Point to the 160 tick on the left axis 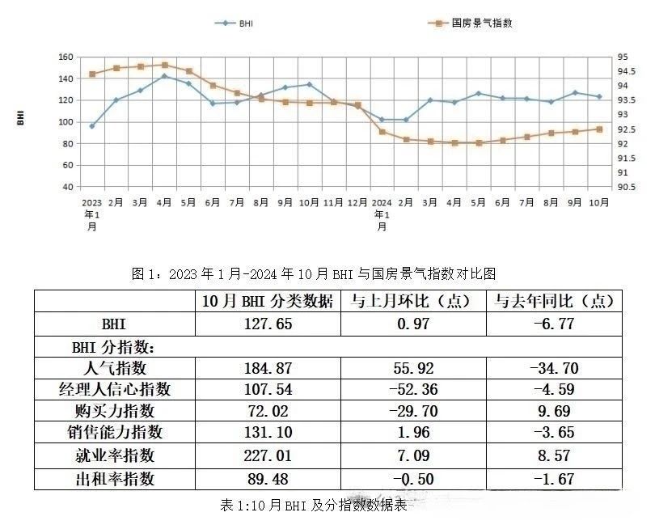(x=65, y=57)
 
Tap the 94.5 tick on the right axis (x=622, y=72)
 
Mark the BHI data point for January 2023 (x=92, y=126)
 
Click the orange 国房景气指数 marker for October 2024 (x=599, y=129)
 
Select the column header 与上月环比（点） (x=413, y=301)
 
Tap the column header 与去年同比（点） (x=555, y=301)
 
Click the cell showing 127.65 (x=267, y=324)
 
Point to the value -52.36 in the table (x=412, y=390)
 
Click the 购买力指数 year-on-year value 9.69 (x=554, y=412)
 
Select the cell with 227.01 (x=267, y=456)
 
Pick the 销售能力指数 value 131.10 (x=267, y=434)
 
